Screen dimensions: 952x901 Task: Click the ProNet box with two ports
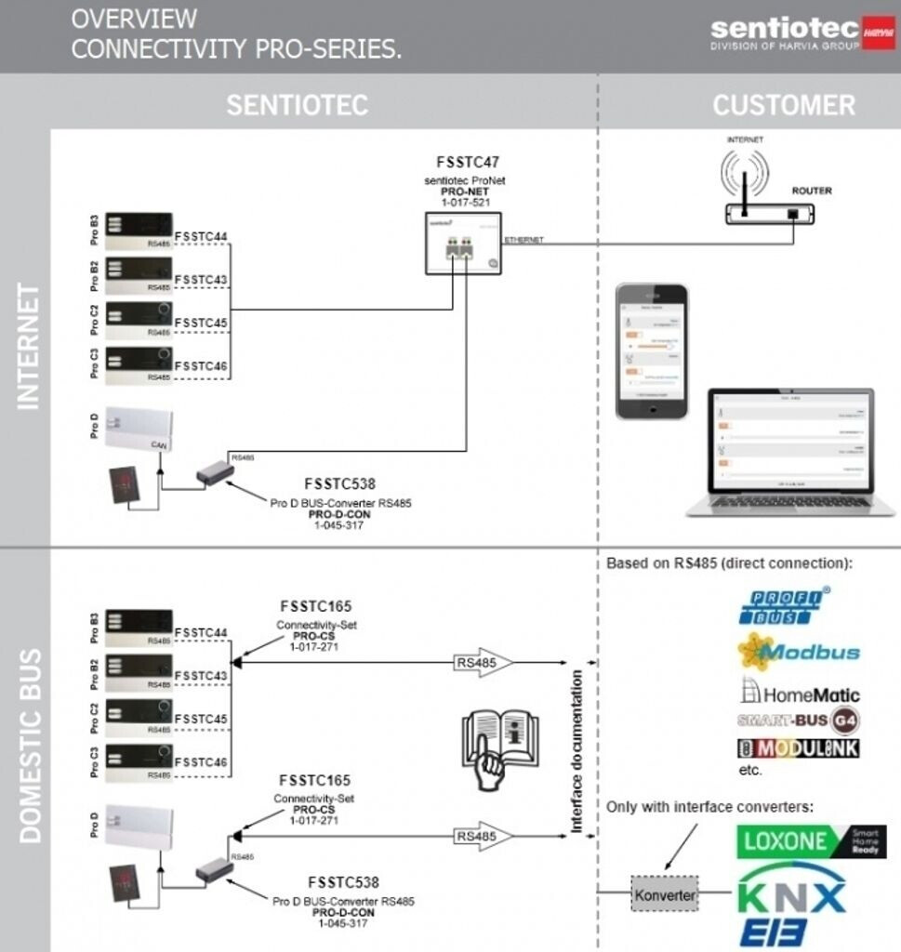pyautogui.click(x=463, y=244)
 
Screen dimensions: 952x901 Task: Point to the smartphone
pyautogui.click(x=652, y=351)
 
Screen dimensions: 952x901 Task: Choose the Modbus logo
pyautogui.click(x=798, y=651)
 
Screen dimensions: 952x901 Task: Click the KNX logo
pyautogui.click(x=791, y=896)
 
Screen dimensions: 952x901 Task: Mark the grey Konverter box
pyautogui.click(x=664, y=894)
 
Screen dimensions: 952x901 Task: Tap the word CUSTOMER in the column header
pyautogui.click(x=783, y=105)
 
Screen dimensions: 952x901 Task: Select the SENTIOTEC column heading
pyautogui.click(x=297, y=105)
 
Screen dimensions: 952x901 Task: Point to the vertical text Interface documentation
pyautogui.click(x=576, y=750)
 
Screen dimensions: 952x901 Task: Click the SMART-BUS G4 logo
pyautogui.click(x=798, y=720)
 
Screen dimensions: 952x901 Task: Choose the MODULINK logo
pyautogui.click(x=798, y=748)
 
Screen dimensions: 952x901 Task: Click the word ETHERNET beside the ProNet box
pyautogui.click(x=523, y=240)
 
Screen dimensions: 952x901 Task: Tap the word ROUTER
pyautogui.click(x=811, y=191)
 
